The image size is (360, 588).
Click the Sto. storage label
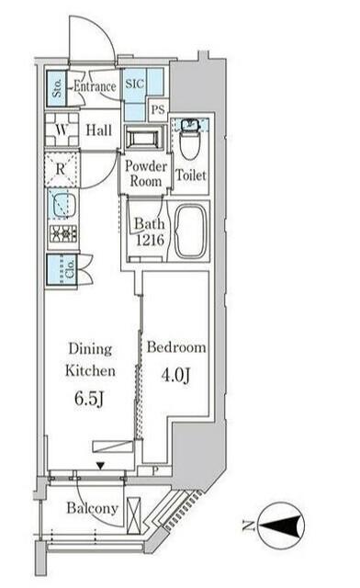(x=57, y=88)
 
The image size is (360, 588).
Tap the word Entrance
(x=95, y=86)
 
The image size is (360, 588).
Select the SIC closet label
(x=135, y=84)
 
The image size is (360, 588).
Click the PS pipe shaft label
(x=158, y=109)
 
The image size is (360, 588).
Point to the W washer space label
(x=62, y=130)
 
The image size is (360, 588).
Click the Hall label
(x=99, y=130)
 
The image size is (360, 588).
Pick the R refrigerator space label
(x=61, y=169)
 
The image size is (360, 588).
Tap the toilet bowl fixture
(x=188, y=141)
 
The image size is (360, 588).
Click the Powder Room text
(x=146, y=174)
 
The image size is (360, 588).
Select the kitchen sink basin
(x=62, y=206)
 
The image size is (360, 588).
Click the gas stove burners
(x=63, y=234)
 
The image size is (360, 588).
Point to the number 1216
(x=150, y=240)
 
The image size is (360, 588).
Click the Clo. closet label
(x=70, y=269)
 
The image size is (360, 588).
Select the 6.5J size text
(x=89, y=399)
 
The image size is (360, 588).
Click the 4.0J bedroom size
(x=176, y=375)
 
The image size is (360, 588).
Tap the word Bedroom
(x=176, y=347)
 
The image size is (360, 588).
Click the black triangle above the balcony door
(x=100, y=466)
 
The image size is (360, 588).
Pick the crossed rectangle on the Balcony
(x=133, y=515)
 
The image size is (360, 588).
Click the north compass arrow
(x=281, y=525)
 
